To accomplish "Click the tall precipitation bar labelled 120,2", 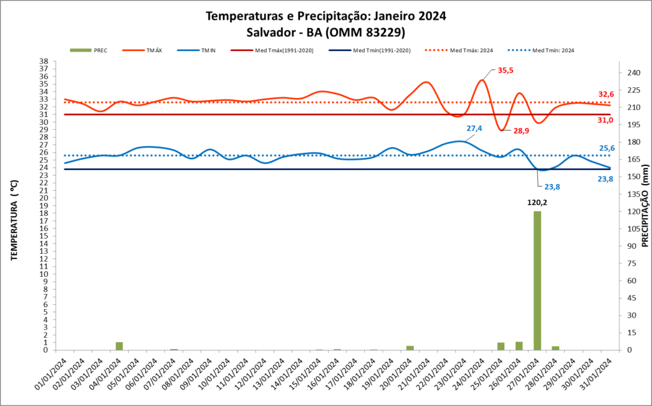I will (537, 280).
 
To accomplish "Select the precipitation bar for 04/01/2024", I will (119, 346).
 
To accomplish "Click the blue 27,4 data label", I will (474, 129).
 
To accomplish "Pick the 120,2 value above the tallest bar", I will (537, 203).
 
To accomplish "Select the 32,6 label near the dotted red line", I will (606, 94).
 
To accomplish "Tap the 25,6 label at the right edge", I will (607, 148).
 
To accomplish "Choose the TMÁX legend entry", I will (153, 50).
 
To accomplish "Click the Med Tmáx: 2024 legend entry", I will (471, 50).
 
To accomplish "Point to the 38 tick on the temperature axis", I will (44, 62).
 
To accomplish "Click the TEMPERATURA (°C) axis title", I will (14, 209).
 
